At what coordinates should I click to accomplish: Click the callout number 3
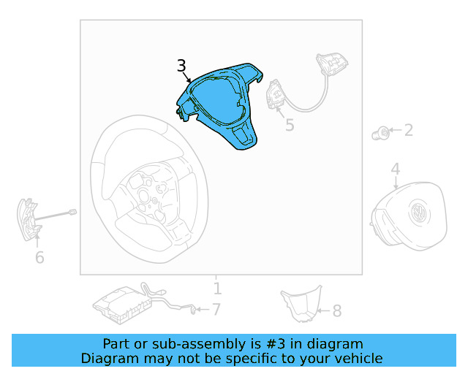click(x=181, y=66)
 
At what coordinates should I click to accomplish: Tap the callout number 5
click(x=290, y=125)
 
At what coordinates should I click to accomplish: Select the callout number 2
click(x=408, y=131)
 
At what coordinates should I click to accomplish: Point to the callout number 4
click(x=395, y=169)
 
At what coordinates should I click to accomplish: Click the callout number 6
click(x=39, y=257)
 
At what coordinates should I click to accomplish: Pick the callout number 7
click(x=216, y=310)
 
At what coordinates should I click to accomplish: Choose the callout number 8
click(x=336, y=311)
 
